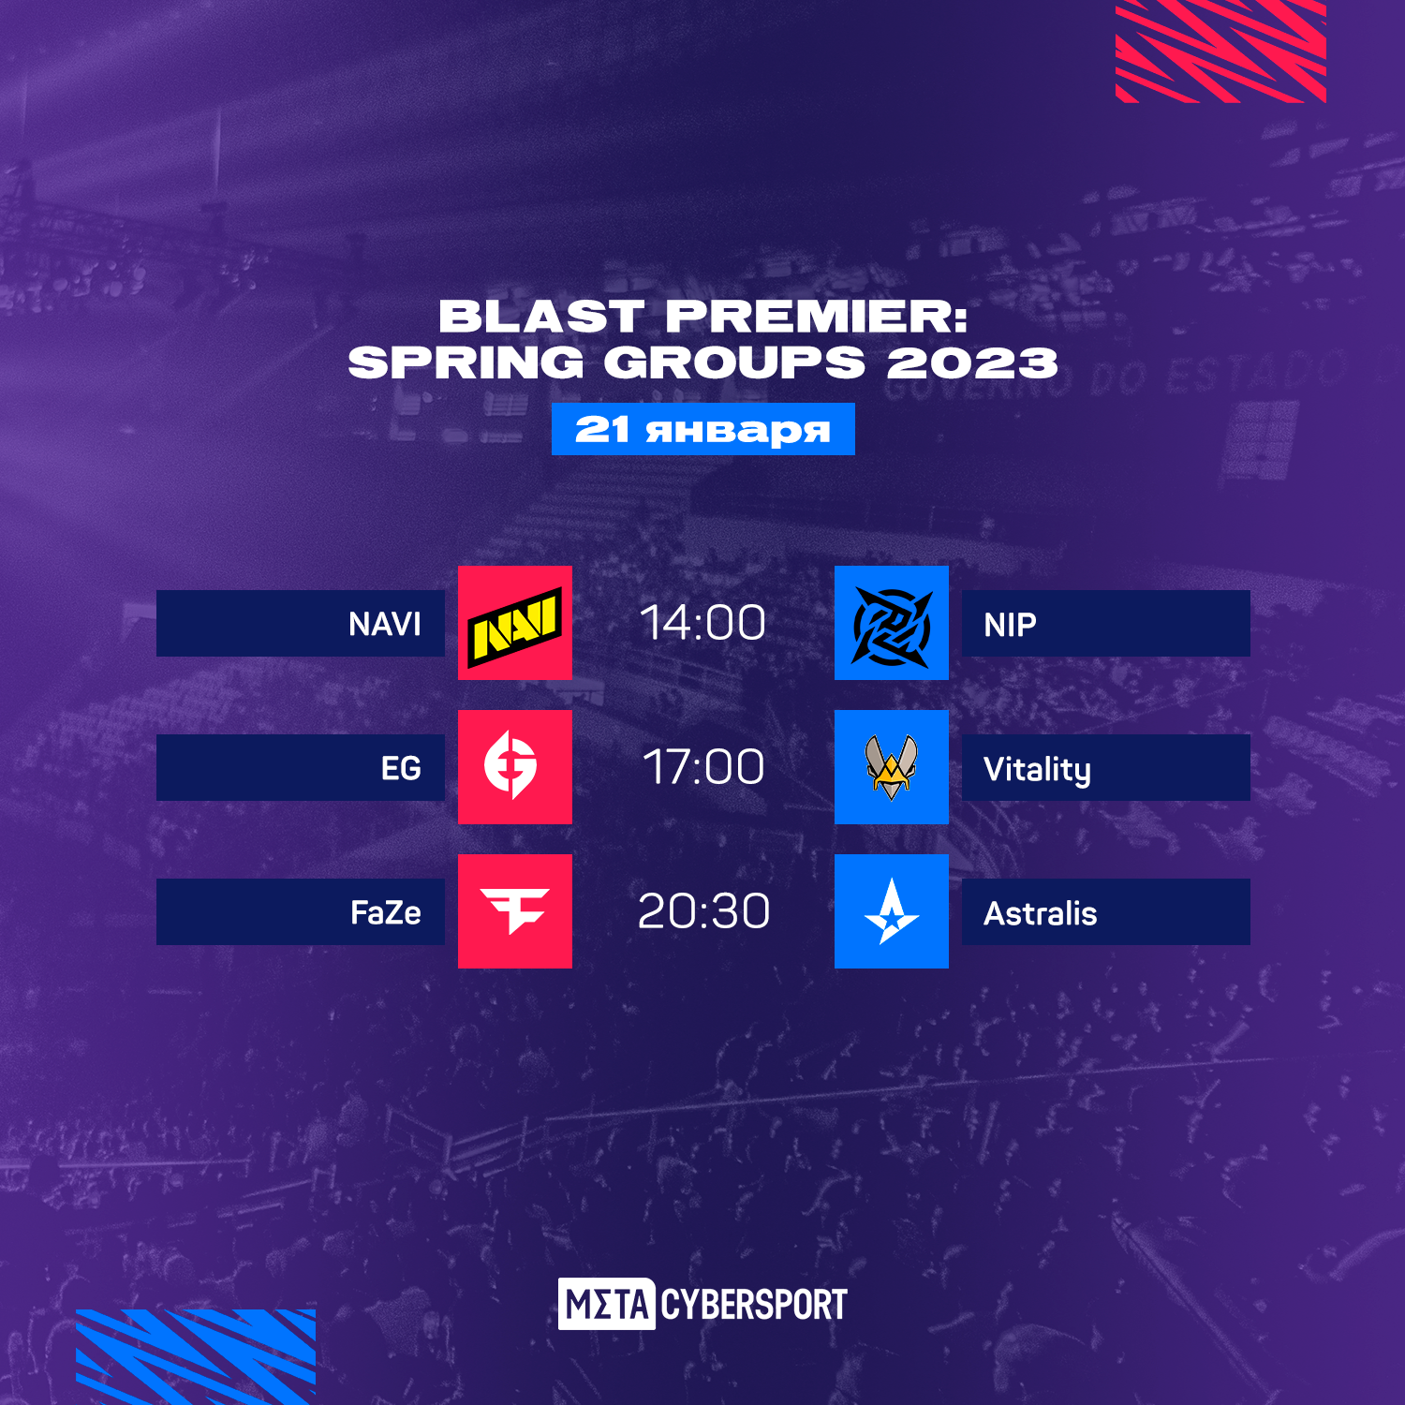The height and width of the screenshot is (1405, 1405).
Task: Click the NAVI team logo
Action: pos(514,624)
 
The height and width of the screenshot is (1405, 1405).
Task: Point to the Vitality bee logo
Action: pos(891,767)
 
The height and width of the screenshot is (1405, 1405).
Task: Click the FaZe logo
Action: pos(514,910)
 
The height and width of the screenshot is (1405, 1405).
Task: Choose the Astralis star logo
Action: pos(892,911)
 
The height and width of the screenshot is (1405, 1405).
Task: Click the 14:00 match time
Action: pos(702,623)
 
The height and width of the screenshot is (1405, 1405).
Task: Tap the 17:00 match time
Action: pos(703,767)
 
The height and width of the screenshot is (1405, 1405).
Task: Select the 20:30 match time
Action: pos(703,911)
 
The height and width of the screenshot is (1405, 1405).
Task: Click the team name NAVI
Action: pos(385,624)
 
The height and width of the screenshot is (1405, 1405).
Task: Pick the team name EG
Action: pos(401,768)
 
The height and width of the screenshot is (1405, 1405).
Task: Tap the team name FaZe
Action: pos(386,912)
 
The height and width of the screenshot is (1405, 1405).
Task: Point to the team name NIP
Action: pos(1011,624)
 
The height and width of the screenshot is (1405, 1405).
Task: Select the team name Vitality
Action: pos(1038,770)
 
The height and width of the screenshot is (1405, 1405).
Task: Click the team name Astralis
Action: pos(1041,912)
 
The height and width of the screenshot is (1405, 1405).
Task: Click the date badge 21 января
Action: pos(703,429)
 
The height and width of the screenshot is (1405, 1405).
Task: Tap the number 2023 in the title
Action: pos(972,363)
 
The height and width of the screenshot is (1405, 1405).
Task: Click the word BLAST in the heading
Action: pos(542,317)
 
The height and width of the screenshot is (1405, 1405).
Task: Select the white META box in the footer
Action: pos(607,1304)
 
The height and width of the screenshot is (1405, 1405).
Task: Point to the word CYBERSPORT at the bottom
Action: pos(754,1305)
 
